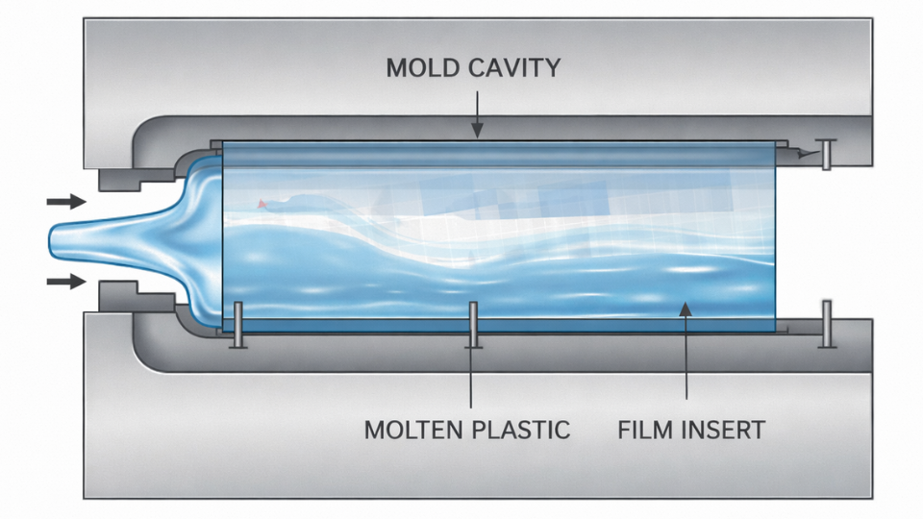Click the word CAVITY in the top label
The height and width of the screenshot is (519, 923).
point(513,68)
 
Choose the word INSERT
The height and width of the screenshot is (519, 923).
point(727,430)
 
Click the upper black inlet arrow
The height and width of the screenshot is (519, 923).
point(65,202)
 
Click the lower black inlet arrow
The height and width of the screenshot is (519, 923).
point(65,282)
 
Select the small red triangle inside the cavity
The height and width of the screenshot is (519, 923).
point(262,204)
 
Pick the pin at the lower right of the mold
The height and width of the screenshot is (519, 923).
point(825,324)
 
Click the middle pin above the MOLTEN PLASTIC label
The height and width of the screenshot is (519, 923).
point(472,325)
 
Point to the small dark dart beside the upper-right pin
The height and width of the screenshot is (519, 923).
point(806,152)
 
